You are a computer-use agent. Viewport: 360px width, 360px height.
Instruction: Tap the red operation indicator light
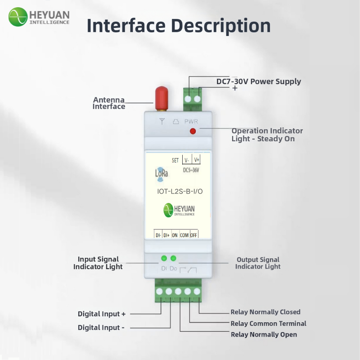pos(193,131)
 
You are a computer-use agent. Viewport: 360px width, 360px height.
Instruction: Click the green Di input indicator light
pos(164,258)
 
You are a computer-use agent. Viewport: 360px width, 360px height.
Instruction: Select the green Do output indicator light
pos(173,258)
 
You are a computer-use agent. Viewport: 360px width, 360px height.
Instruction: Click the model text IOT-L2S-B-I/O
pos(180,191)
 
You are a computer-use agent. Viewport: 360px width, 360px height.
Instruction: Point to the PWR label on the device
pos(191,121)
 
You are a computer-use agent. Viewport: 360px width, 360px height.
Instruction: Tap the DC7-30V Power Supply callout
pos(259,81)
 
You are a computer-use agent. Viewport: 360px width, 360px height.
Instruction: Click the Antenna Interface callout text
pos(109,103)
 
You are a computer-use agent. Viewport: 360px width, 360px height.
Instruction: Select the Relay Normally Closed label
pos(265,312)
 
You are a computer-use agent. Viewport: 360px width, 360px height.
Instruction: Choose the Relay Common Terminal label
pos(268,323)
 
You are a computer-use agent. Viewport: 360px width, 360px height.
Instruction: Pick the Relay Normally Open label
pos(264,334)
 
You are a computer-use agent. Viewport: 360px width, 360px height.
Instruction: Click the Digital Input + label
pos(102,314)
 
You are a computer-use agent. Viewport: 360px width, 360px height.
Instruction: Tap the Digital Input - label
pos(101,327)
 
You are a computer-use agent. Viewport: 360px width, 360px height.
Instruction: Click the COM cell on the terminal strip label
pos(184,235)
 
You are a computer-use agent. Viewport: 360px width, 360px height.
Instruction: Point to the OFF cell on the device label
pos(194,235)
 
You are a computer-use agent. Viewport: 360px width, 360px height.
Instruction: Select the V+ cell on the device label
pos(196,160)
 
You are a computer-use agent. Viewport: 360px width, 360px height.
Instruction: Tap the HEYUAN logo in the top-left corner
pos(39,17)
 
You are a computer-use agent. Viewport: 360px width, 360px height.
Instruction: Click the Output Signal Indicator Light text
pos(258,263)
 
